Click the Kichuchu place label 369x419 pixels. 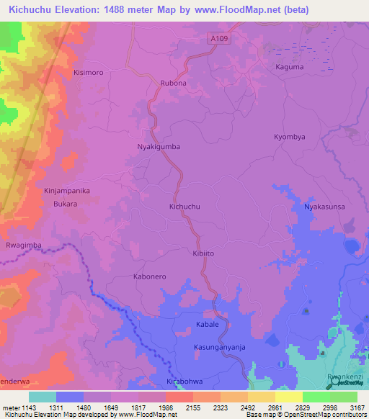pyautogui.click(x=184, y=207)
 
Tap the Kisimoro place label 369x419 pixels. pyautogui.click(x=89, y=73)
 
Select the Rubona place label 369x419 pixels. pyautogui.click(x=172, y=83)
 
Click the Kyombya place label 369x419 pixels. pyautogui.click(x=290, y=137)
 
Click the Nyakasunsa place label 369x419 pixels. pyautogui.click(x=326, y=207)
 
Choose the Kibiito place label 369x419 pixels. pyautogui.click(x=204, y=253)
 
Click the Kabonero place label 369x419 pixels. pyautogui.click(x=150, y=276)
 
